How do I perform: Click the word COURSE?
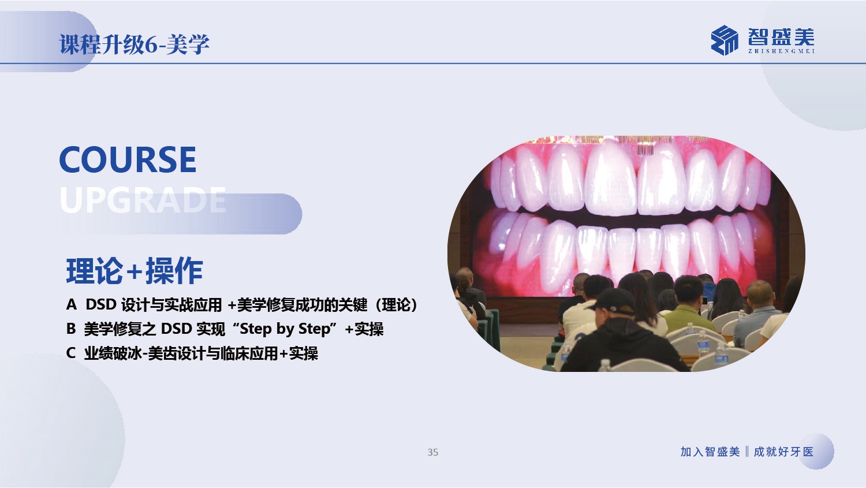tap(128, 160)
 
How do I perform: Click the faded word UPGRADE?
tap(143, 200)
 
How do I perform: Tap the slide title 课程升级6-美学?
tap(134, 44)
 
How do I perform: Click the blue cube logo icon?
tap(724, 40)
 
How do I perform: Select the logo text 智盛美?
tap(781, 37)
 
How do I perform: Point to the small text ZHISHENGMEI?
tap(781, 51)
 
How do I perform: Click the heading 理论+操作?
tap(135, 271)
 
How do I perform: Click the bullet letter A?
tap(71, 305)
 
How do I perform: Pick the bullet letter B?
tap(71, 329)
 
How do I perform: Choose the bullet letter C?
tap(71, 353)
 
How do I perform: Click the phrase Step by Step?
tap(285, 329)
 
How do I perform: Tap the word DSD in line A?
tap(101, 305)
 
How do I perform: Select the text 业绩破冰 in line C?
tap(113, 353)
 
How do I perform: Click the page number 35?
tap(432, 452)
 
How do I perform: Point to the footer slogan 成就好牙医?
tap(783, 452)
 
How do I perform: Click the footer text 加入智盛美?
tap(710, 452)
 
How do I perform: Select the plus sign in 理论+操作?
tap(134, 271)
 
